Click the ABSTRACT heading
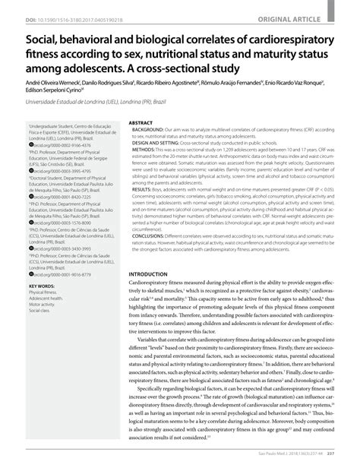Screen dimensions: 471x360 (143, 122)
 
